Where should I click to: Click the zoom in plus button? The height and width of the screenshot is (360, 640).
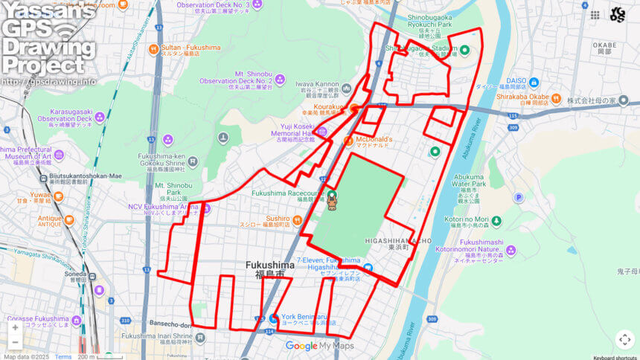point(15,327)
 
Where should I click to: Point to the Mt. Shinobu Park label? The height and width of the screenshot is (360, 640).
point(173,185)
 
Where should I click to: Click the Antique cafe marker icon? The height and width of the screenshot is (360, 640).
point(69,220)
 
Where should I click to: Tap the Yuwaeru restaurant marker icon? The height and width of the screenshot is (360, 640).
point(58,196)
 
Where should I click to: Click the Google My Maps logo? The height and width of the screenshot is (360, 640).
point(319,346)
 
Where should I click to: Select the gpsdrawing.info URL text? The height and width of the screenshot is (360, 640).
point(48,81)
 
